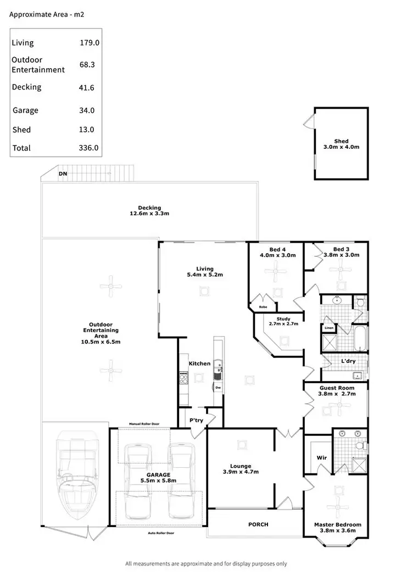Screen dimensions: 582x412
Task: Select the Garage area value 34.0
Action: [x=87, y=110]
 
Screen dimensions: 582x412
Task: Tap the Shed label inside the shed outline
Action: [x=341, y=141]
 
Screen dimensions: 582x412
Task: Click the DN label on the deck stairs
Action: [x=63, y=174]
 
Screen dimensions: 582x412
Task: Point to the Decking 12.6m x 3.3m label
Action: [x=149, y=210]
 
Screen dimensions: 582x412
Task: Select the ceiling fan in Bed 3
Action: [x=344, y=270]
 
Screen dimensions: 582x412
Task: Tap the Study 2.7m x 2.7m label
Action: [x=283, y=321]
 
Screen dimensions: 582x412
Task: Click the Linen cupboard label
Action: [x=329, y=328]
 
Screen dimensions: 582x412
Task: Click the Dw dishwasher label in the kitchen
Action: [x=218, y=388]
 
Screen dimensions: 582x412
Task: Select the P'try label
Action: [x=197, y=419]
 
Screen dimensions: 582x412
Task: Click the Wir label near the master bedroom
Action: [x=322, y=457]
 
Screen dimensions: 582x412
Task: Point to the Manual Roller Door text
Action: [x=143, y=424]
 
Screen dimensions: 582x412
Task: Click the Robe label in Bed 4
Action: [x=263, y=307]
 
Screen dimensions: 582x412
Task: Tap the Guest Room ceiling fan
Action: [x=342, y=407]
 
